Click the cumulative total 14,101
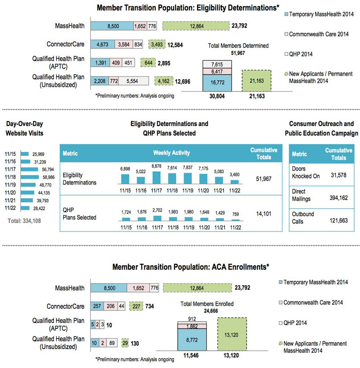pos(263,214)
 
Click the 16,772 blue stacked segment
pos(217,83)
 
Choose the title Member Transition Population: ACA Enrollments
pos(191,267)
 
